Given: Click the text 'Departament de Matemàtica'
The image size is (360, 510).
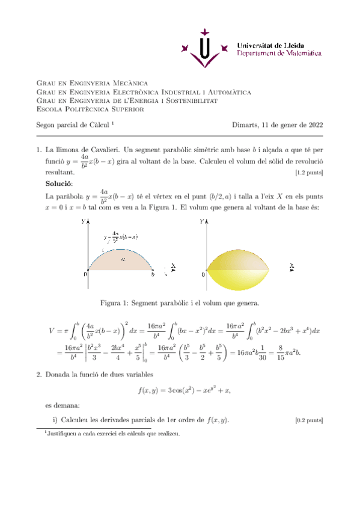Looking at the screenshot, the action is point(279,54).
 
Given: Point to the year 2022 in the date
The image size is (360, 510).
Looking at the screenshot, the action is point(314,125).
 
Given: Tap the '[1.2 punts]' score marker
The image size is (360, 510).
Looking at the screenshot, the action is point(309,173).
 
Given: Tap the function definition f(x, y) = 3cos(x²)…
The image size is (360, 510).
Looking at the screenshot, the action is point(184,391).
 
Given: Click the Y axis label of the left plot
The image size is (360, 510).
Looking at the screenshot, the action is point(83,222).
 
